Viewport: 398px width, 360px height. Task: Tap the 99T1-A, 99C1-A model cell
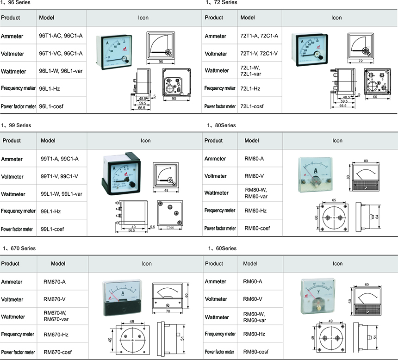tap(60, 159)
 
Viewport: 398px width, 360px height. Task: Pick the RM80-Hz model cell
tap(255, 211)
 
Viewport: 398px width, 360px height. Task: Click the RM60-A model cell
tap(252, 281)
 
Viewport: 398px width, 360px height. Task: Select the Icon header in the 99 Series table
tap(146, 141)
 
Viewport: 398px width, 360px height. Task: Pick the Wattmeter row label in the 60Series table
tap(216, 317)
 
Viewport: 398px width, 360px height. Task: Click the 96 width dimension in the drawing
tap(161, 62)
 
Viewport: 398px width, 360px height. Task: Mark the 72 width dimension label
tap(360, 61)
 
